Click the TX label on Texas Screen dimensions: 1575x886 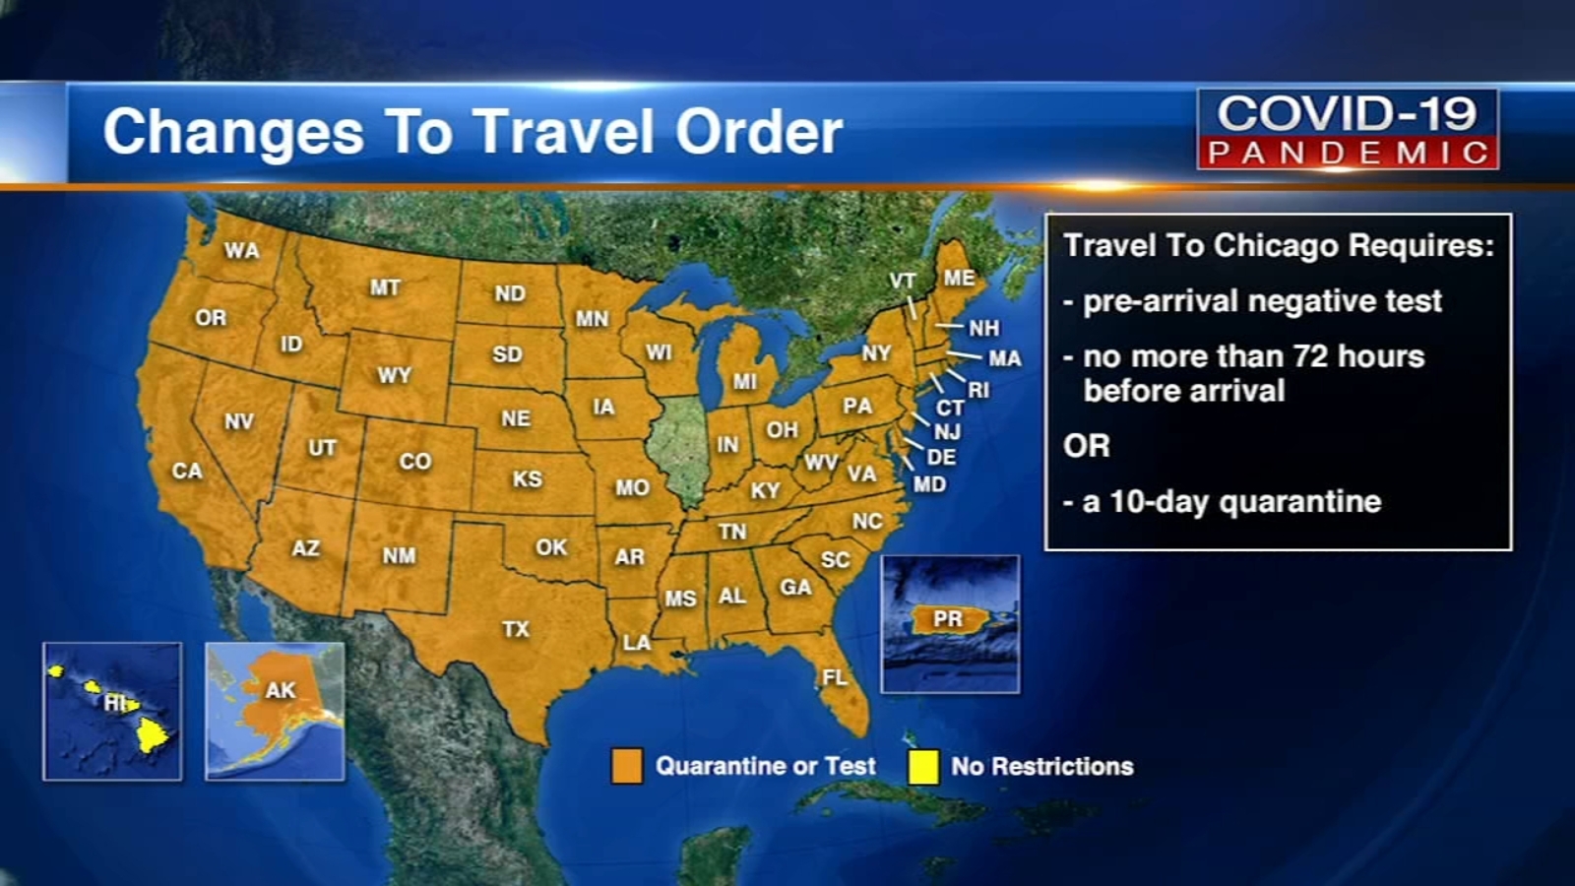[x=516, y=629]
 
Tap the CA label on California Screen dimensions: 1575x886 [x=187, y=471]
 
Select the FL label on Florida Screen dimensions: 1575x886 [x=835, y=677]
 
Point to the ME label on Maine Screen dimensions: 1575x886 [x=959, y=278]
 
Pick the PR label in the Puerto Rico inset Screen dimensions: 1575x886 [x=947, y=619]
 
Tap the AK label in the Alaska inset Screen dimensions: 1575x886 [x=281, y=690]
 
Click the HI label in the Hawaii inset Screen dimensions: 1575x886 [x=116, y=703]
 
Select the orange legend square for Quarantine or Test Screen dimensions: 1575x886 [x=627, y=766]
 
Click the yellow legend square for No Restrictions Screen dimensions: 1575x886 [x=923, y=766]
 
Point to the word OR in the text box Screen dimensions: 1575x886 [x=1087, y=446]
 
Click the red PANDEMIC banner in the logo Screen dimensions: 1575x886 [x=1348, y=153]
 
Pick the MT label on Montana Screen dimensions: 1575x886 [x=385, y=287]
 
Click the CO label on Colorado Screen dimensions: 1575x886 [x=415, y=461]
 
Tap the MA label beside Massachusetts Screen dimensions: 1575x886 [x=1004, y=358]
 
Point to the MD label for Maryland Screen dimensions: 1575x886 [x=929, y=484]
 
